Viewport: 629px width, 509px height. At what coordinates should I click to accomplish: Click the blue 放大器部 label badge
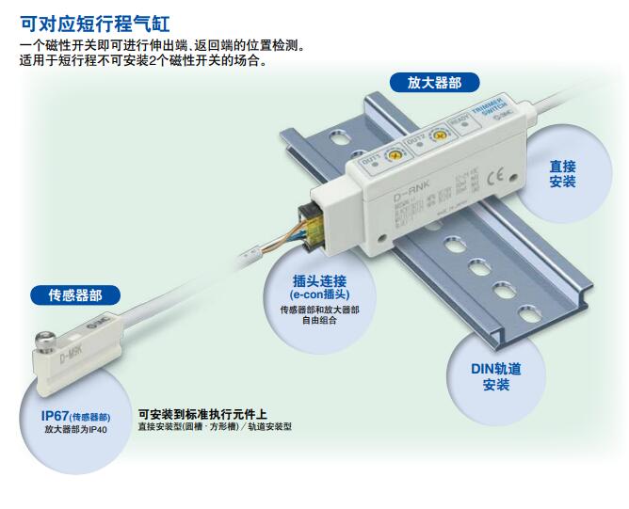pyautogui.click(x=434, y=83)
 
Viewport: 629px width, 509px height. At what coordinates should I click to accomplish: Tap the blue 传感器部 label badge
pyautogui.click(x=76, y=295)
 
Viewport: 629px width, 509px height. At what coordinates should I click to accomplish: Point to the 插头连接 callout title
pyautogui.click(x=319, y=280)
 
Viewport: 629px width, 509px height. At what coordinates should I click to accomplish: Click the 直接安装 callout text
pyautogui.click(x=562, y=173)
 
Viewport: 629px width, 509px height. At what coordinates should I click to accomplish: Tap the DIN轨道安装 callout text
pyautogui.click(x=495, y=376)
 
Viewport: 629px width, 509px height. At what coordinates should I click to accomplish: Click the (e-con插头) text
pyautogui.click(x=319, y=294)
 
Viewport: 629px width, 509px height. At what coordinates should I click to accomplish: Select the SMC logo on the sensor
pyautogui.click(x=99, y=323)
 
